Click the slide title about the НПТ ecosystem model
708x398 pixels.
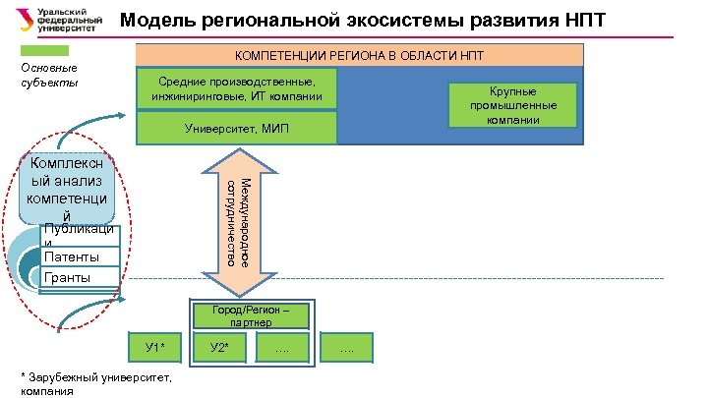coord(363,22)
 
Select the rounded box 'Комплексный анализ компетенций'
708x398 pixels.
coord(66,187)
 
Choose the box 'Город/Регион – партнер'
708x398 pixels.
coord(244,315)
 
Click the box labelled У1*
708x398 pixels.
coord(155,347)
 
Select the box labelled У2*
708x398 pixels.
coord(220,347)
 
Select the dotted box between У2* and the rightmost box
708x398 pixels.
coord(282,347)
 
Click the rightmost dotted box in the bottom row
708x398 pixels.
coord(346,347)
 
